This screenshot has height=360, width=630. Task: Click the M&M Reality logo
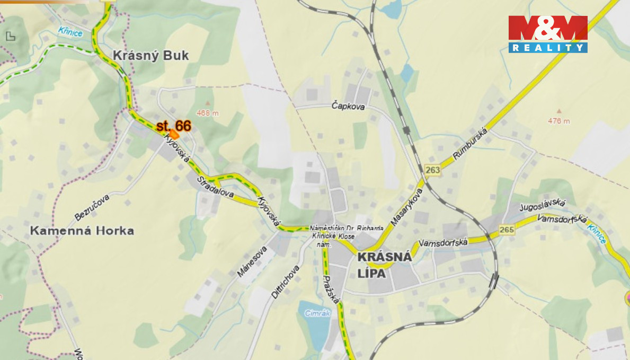548,34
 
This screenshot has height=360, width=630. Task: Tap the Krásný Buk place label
150,55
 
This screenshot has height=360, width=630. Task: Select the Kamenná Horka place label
82,231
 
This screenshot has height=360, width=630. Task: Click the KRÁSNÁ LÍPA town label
385,265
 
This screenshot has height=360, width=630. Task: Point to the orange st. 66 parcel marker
174,134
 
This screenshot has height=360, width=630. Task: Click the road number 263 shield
432,170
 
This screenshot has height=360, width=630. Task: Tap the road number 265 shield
507,230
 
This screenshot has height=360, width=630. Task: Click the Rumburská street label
469,143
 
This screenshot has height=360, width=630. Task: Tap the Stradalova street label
215,187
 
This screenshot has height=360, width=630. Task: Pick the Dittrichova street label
286,282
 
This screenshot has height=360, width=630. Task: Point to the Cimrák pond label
317,313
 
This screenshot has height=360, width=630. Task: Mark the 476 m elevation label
559,120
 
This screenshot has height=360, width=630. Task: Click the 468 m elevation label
207,112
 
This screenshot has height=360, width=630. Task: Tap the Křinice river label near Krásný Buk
71,32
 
